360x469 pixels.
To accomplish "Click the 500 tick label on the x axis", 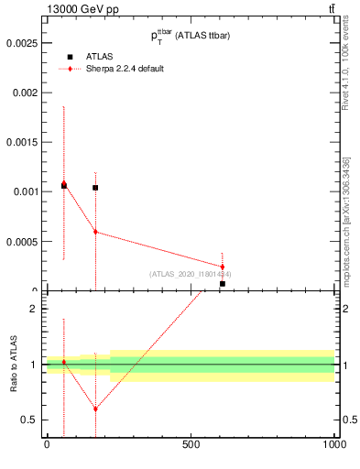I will tap(191, 445).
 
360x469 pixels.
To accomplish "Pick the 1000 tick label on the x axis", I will tap(333, 445).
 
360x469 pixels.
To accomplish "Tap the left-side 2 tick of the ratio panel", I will tap(34, 309).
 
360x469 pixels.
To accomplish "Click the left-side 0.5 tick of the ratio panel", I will tap(29, 420).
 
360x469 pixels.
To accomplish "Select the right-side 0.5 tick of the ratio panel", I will tap(348, 420).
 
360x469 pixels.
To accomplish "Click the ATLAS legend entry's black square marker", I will tap(70, 56).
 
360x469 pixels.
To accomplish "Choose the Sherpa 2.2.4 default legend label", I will tap(125, 69).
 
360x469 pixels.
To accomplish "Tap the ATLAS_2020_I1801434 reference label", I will tap(190, 274).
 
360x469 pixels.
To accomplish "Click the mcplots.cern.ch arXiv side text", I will tap(346, 220).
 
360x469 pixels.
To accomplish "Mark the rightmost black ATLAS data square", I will tap(222, 284).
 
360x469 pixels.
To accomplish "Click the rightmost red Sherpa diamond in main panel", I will tap(222, 267).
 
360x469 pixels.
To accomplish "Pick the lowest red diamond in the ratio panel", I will tap(95, 409).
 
